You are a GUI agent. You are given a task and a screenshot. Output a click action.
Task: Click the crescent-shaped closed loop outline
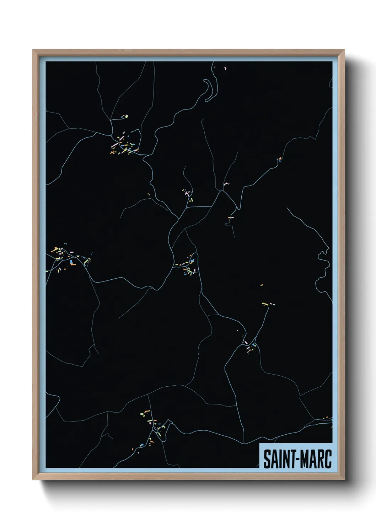click(x=209, y=89)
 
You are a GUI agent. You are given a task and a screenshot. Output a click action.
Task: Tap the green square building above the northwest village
click(x=125, y=116)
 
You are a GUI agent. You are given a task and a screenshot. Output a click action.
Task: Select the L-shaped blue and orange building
click(x=72, y=263)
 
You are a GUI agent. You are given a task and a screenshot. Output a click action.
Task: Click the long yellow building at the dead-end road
click(x=264, y=304)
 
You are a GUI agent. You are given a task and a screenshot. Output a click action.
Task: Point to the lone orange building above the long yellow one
click(x=262, y=285)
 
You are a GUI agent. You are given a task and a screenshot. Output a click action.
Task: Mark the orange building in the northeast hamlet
click(x=280, y=158)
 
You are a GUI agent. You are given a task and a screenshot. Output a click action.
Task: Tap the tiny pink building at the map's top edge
click(x=225, y=68)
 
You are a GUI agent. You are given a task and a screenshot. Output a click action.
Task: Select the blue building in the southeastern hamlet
click(x=254, y=345)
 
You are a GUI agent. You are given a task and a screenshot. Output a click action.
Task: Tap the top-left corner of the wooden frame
click(x=33, y=50)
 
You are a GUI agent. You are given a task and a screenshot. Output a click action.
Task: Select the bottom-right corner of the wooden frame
click(x=345, y=480)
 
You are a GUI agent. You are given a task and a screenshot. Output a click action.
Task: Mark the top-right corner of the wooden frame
click(x=345, y=50)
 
